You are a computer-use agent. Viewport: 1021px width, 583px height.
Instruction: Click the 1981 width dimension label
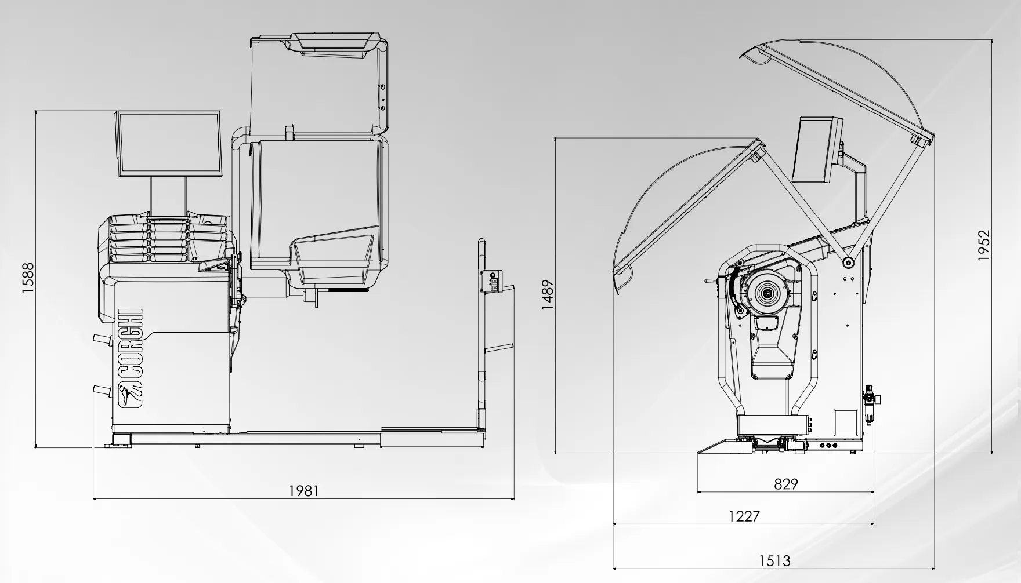tap(304, 491)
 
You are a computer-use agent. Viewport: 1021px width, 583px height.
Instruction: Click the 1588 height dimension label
tap(28, 279)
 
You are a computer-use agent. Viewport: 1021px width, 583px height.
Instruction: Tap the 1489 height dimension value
tap(548, 295)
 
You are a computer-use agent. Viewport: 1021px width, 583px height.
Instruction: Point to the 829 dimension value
tap(786, 483)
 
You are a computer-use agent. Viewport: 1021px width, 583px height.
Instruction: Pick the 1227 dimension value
tap(744, 516)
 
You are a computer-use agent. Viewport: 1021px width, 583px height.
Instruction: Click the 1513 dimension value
tap(774, 561)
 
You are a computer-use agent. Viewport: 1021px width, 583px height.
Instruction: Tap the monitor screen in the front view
tap(169, 144)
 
